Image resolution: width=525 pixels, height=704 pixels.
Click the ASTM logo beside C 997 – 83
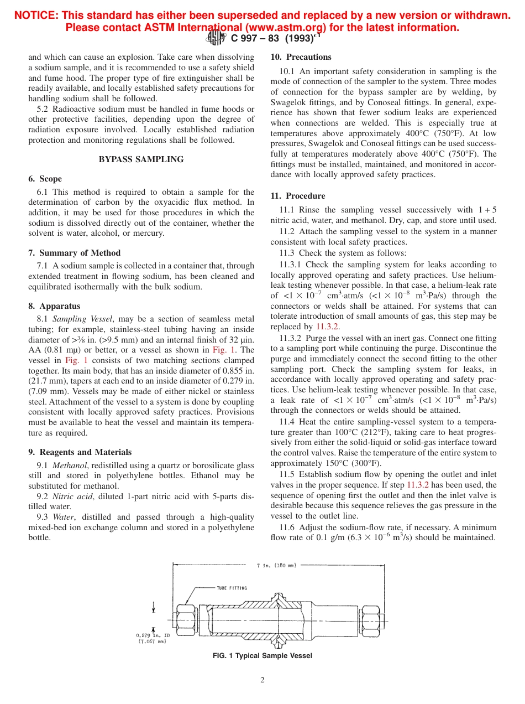(216, 38)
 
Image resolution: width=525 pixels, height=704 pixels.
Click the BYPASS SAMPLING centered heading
(141, 159)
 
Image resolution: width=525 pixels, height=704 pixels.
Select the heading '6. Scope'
(45, 179)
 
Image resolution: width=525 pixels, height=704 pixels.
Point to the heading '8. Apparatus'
(54, 306)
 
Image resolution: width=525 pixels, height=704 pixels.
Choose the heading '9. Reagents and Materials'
(80, 452)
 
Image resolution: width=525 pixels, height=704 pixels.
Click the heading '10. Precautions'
(301, 57)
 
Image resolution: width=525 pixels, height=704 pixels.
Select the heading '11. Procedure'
(298, 196)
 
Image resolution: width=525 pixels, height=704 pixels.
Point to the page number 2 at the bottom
(262, 680)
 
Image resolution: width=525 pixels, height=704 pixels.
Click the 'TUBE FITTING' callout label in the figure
(232, 588)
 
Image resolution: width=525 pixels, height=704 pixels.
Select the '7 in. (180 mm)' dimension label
(276, 565)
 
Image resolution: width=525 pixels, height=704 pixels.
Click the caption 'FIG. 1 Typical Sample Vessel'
(262, 656)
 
